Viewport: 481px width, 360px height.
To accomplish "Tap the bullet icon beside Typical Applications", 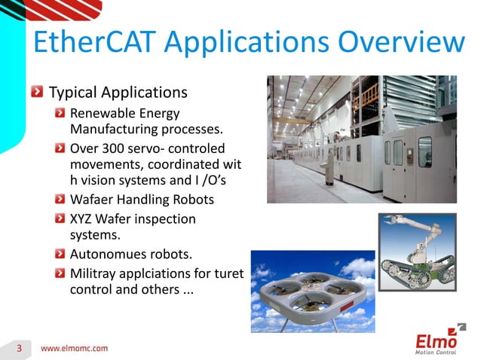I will coord(37,93).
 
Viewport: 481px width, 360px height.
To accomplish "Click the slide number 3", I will coord(20,348).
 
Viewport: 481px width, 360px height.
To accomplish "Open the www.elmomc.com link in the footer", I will coord(74,349).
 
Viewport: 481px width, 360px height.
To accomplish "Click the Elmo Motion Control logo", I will coord(440,340).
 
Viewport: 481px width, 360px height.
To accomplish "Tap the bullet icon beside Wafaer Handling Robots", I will coord(60,200).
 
